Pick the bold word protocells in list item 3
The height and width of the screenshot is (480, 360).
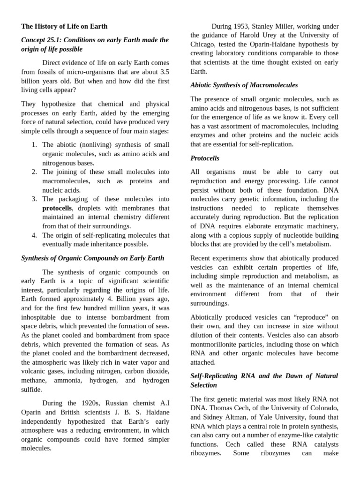[x=57, y=208]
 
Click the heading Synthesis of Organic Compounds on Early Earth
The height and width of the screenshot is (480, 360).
[x=93, y=258]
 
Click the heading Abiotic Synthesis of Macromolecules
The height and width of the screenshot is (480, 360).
[x=244, y=85]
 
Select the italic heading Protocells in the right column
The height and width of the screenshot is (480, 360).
[x=205, y=158]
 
